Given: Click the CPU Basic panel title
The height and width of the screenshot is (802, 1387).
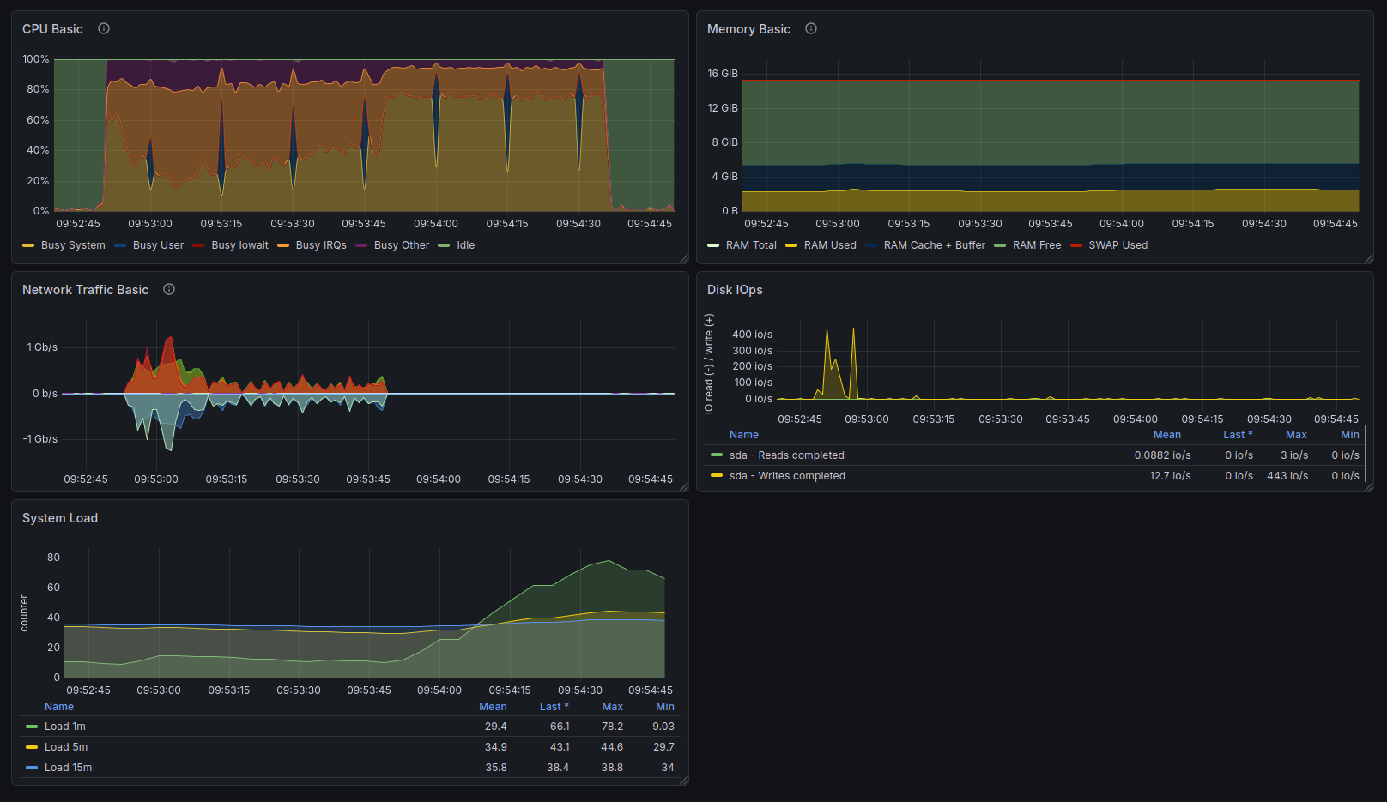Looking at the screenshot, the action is click(52, 29).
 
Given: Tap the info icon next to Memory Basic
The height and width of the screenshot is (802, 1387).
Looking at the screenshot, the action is click(810, 28).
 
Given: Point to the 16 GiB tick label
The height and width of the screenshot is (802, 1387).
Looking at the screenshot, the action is click(723, 74).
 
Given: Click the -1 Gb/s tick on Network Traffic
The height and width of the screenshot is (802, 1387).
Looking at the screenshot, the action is click(40, 439).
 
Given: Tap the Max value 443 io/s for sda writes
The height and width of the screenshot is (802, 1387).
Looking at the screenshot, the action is click(1287, 476).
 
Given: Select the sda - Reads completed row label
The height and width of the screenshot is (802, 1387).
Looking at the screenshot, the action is click(786, 455).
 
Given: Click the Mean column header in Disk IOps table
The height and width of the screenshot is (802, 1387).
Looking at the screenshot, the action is click(1166, 435).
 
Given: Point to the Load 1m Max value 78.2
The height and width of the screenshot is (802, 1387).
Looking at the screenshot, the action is click(612, 727).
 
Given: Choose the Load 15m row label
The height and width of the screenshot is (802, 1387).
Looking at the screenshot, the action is click(68, 768).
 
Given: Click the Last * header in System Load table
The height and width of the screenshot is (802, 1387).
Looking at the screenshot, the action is click(554, 707).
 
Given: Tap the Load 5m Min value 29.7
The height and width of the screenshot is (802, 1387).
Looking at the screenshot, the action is click(663, 747).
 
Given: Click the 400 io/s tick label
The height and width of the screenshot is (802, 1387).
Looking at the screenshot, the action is click(752, 335).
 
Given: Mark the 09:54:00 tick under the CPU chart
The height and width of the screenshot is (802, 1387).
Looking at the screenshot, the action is click(436, 223).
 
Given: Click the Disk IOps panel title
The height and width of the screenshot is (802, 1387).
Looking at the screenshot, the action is click(735, 290).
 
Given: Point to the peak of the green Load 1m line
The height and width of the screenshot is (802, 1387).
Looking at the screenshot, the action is click(609, 561).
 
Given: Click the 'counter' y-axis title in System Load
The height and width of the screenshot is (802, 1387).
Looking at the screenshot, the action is click(24, 613).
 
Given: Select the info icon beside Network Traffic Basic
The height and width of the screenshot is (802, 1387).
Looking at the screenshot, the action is click(169, 289).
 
